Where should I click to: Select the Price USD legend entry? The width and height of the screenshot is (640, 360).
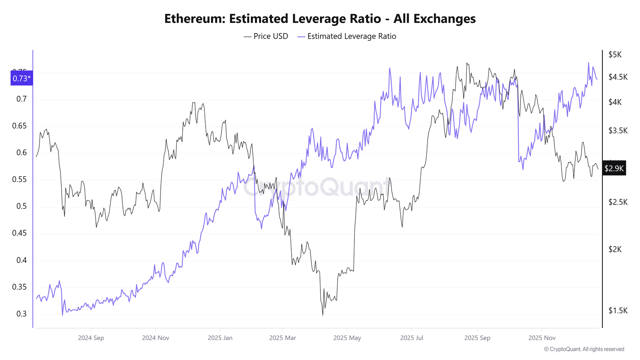click(266, 36)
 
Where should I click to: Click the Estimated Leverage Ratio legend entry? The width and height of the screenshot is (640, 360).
click(347, 36)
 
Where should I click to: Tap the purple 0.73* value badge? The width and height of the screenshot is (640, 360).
click(22, 78)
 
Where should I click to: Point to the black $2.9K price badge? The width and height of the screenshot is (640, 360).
click(614, 168)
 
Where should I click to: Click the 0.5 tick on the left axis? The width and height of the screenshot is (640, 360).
click(22, 206)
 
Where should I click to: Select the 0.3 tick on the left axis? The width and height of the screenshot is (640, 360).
click(22, 314)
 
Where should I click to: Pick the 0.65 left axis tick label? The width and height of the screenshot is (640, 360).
click(19, 126)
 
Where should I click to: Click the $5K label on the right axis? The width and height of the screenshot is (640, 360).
click(615, 55)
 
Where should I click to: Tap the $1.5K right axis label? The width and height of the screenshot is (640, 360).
click(618, 311)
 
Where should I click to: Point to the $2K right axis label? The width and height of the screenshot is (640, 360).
click(615, 250)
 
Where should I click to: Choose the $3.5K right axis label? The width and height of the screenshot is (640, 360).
click(618, 131)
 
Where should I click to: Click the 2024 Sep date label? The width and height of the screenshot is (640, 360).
click(91, 338)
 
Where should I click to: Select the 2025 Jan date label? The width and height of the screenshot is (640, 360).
click(220, 338)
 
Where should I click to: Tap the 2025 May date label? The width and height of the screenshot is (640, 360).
click(347, 338)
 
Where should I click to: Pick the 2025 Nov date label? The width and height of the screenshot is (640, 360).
click(542, 338)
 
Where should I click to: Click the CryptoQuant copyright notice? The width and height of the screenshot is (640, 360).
click(584, 349)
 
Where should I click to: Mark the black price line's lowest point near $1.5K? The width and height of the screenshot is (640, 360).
click(323, 315)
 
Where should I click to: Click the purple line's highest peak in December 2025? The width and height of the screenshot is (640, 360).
click(588, 63)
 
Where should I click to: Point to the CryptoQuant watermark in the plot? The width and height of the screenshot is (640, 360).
click(316, 187)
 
